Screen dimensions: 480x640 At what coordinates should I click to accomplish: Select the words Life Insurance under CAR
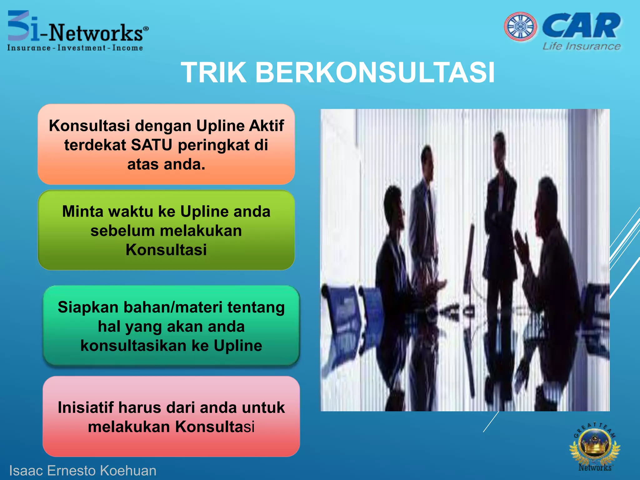click(x=582, y=46)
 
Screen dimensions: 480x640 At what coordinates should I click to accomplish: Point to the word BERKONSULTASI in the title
click(x=375, y=72)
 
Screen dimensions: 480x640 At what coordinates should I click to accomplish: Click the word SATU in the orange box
click(x=152, y=145)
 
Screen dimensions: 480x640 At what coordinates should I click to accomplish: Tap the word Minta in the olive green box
click(x=82, y=212)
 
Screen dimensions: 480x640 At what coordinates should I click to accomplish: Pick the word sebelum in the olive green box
click(x=122, y=231)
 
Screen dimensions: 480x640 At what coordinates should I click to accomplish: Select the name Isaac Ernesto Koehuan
click(x=82, y=470)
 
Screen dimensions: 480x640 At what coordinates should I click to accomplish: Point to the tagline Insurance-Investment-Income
click(x=75, y=48)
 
